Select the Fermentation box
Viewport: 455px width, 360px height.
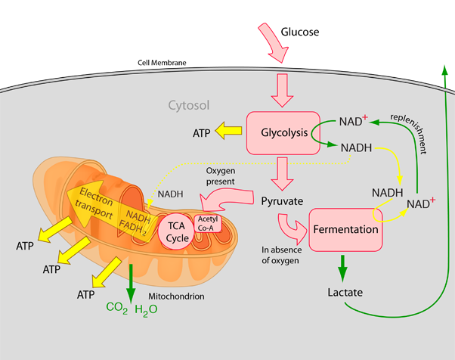point(346,229)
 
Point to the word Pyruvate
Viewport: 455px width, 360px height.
point(282,201)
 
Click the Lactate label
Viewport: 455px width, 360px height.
point(345,292)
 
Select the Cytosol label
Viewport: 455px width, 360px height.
point(188,105)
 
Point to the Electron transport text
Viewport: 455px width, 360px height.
point(96,204)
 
